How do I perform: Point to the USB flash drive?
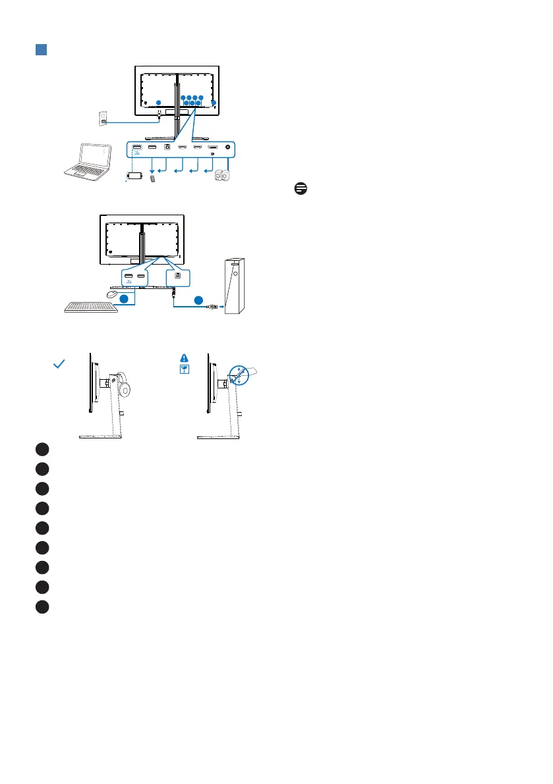(153, 178)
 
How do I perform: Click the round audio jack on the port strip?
(229, 149)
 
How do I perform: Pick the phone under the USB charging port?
(136, 176)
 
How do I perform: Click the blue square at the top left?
(40, 51)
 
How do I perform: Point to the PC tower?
(236, 287)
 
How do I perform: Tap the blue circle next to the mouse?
(126, 299)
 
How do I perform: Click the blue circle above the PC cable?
(198, 300)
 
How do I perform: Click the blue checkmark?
(59, 364)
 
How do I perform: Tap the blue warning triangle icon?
(185, 357)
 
